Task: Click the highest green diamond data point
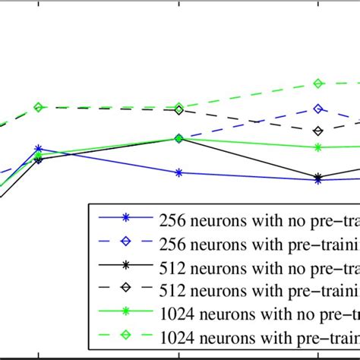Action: pos(318,83)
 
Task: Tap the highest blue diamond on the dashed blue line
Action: pos(318,109)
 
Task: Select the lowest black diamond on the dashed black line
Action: pos(318,131)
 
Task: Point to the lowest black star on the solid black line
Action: pos(318,176)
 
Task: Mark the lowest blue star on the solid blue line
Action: pos(318,180)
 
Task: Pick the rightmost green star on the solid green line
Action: pos(318,147)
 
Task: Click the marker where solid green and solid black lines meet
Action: pos(178,138)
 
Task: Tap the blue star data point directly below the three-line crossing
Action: pos(178,172)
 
